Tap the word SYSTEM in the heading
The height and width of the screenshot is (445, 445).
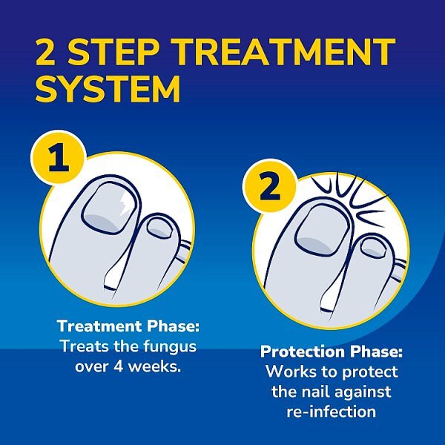pos(108,90)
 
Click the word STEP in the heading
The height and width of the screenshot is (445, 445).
pos(109,53)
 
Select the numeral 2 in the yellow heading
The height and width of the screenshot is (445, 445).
pos(50,53)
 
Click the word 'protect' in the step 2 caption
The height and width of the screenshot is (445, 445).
pos(372,372)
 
